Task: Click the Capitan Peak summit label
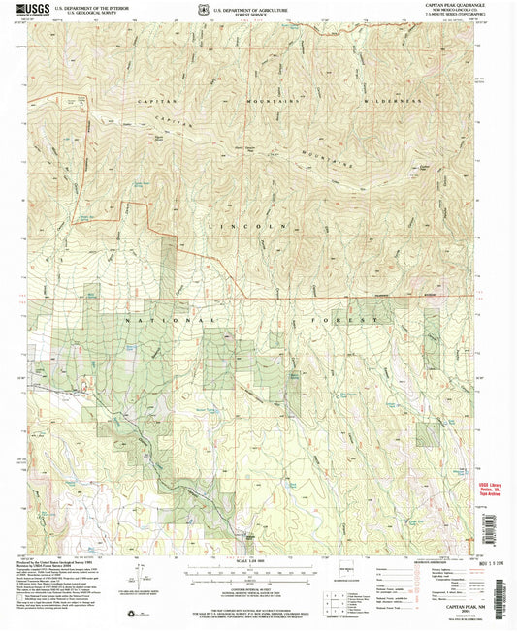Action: pyautogui.click(x=424, y=167)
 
